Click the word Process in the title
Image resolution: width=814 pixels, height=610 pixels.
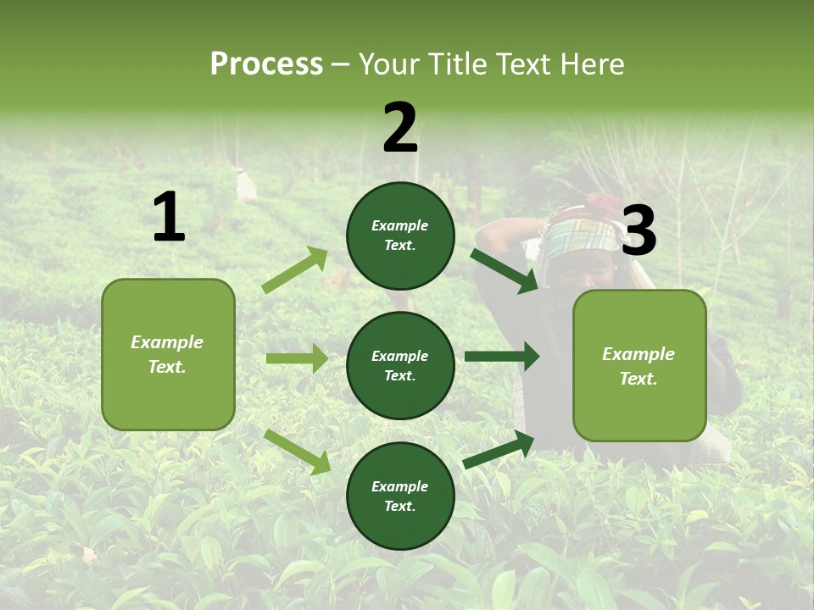click(x=266, y=64)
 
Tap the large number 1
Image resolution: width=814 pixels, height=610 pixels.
click(x=169, y=218)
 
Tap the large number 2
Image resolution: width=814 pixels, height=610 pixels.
click(x=400, y=128)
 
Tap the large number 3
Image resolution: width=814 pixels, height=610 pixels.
click(x=638, y=230)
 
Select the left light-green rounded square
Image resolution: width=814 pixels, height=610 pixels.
click(x=168, y=354)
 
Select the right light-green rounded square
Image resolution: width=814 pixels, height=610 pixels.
click(x=639, y=366)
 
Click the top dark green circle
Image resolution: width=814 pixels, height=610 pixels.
click(x=400, y=236)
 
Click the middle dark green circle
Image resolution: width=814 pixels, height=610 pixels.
click(x=400, y=365)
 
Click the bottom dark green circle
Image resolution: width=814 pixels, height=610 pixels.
click(x=400, y=496)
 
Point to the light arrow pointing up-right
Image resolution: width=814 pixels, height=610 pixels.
click(x=296, y=269)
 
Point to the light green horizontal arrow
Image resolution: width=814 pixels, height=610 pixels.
click(x=297, y=358)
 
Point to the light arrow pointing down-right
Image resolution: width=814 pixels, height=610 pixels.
click(x=298, y=452)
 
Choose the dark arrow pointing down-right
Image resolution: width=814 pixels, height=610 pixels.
click(x=505, y=270)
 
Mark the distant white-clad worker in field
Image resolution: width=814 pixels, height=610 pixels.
click(x=246, y=186)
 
